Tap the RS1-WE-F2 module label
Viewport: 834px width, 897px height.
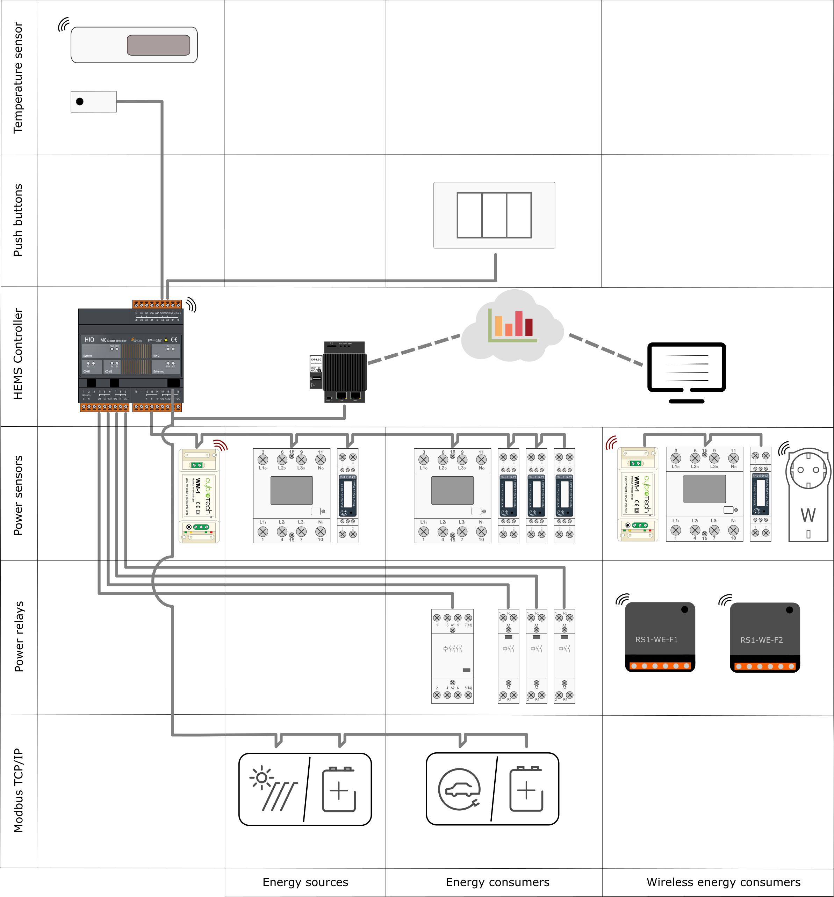coord(761,640)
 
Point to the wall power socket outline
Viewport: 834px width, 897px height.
coord(808,494)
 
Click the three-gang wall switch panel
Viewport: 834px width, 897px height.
coord(494,215)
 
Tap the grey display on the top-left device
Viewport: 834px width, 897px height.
coord(158,45)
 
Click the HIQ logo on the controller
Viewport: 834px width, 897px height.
coord(89,340)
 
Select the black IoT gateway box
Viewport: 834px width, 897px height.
coord(345,372)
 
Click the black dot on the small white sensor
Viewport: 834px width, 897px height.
coord(80,102)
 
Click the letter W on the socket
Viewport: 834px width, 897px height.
coord(808,515)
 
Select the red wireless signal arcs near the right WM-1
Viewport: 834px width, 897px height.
coord(611,443)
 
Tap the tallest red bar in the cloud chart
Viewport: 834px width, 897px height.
coord(519,323)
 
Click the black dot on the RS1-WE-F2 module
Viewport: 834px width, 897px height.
coord(789,610)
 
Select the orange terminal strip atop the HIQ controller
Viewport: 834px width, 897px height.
coord(157,305)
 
